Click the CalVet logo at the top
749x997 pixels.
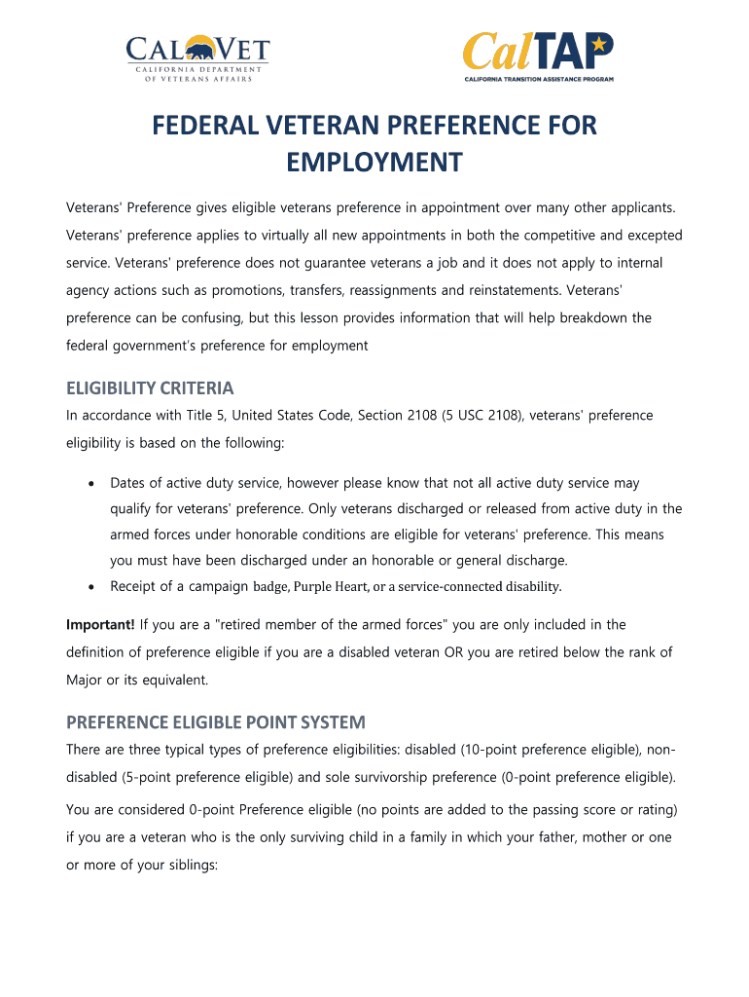196,58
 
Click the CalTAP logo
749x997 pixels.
537,56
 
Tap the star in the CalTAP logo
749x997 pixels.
599,44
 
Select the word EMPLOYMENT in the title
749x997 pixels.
374,163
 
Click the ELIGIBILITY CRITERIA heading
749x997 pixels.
150,388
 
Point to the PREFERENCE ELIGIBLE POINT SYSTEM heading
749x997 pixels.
215,722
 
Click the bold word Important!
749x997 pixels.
100,624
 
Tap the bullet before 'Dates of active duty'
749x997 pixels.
90,484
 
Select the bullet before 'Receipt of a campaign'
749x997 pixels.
90,587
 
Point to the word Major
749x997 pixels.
86,679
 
